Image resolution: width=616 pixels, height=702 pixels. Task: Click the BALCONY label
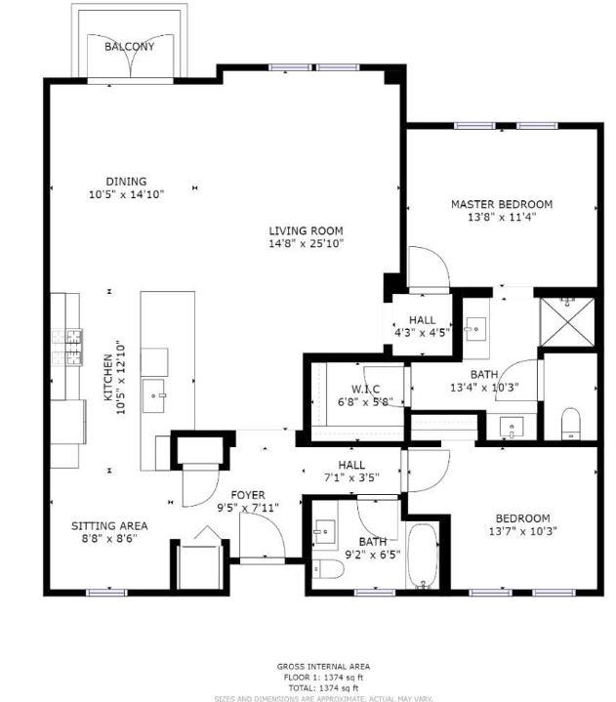129,46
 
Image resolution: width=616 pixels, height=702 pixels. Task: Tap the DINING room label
127,181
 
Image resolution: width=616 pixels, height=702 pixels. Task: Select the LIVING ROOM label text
307,230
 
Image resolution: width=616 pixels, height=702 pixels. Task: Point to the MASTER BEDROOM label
501,204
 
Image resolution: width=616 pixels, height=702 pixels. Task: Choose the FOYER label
248,495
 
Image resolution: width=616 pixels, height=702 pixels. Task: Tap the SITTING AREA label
109,525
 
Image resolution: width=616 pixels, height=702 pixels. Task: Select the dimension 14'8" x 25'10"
307,243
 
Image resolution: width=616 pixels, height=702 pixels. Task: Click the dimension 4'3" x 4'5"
422,332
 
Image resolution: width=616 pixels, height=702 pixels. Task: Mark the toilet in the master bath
571,424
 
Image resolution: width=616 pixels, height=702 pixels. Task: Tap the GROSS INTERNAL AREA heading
323,667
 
